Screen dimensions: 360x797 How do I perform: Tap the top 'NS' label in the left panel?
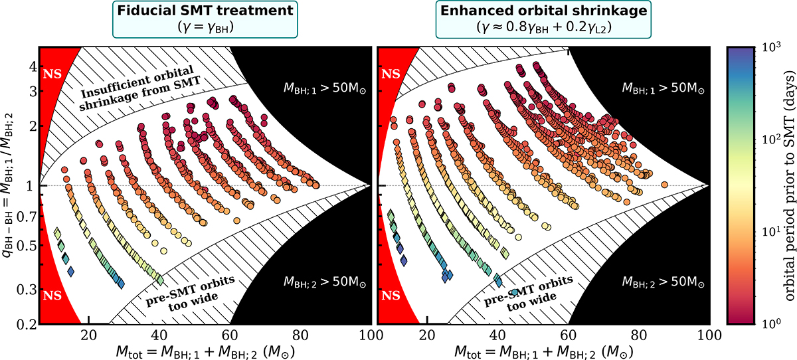(50, 73)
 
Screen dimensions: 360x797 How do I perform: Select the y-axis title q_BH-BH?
(9, 185)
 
